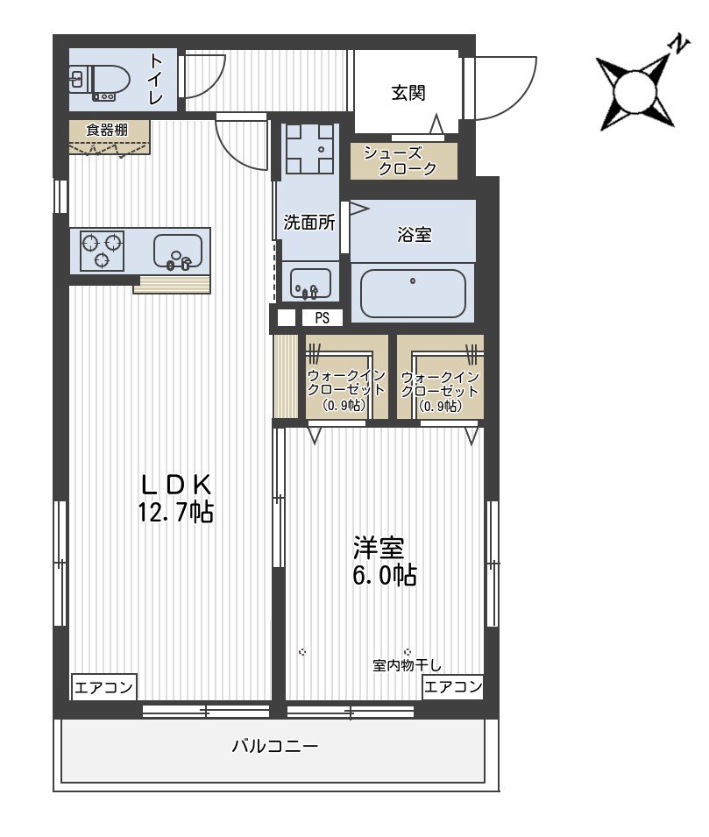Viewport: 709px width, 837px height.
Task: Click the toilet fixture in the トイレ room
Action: (101, 82)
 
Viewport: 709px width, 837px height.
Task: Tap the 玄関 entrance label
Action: (408, 93)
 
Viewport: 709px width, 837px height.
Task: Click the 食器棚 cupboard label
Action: (107, 130)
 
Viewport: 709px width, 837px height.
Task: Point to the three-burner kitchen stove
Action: (102, 251)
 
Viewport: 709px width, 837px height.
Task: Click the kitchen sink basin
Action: (178, 252)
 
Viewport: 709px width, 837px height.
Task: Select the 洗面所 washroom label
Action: (309, 223)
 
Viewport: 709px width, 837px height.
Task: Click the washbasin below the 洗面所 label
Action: (309, 283)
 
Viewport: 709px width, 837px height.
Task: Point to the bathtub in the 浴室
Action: (413, 293)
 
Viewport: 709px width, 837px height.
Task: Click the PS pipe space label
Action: (322, 318)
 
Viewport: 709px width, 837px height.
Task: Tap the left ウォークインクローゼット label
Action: (346, 390)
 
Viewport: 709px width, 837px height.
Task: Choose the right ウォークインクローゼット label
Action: (441, 391)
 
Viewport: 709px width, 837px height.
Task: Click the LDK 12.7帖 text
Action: (176, 498)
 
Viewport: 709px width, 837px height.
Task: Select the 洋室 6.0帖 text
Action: (385, 561)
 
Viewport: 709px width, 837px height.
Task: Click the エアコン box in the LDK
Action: (104, 687)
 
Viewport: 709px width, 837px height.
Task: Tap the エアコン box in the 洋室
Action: (453, 686)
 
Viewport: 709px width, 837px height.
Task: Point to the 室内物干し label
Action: (407, 665)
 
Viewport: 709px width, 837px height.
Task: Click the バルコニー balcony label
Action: (275, 746)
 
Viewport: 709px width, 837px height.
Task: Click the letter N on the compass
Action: (679, 43)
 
